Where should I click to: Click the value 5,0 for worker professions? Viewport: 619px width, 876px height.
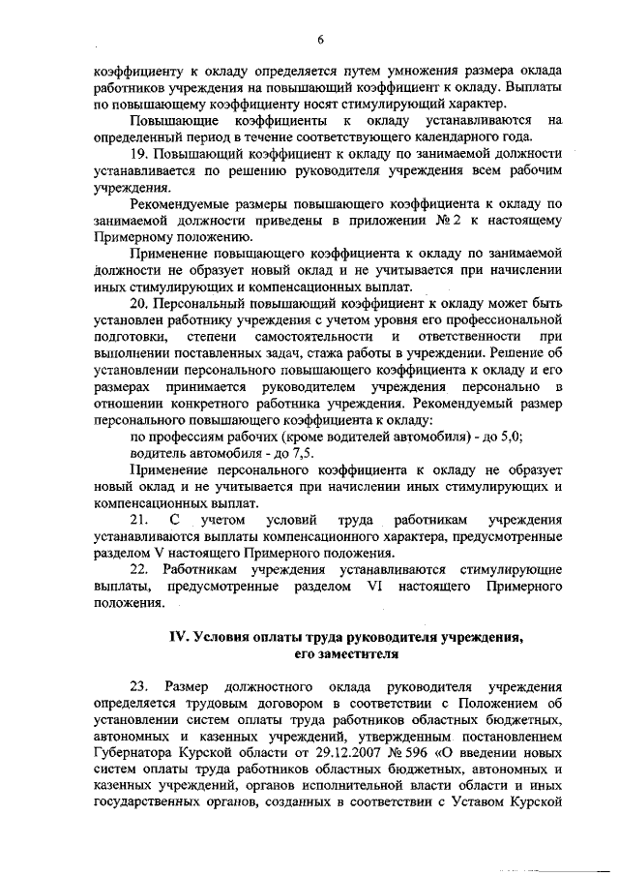coord(512,437)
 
